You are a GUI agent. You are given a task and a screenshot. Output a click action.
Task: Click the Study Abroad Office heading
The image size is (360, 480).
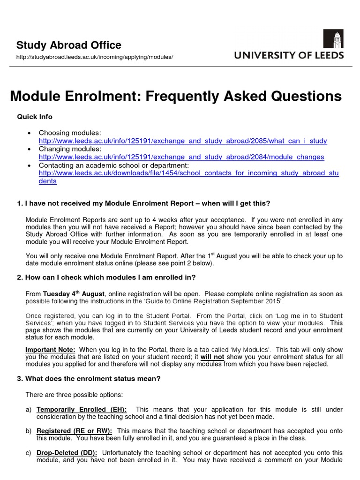[69, 45]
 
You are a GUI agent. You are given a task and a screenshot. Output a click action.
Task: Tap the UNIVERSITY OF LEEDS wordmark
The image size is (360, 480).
[289, 55]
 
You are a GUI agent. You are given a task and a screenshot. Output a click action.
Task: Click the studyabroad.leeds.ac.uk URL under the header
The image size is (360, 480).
[95, 57]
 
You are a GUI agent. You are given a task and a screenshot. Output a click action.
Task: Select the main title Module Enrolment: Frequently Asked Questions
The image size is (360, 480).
[176, 96]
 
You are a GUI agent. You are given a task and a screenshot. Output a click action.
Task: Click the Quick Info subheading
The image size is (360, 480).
[35, 117]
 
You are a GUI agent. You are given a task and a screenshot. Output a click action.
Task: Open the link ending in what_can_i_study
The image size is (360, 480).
[183, 141]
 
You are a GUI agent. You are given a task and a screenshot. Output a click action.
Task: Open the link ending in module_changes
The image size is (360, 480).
[181, 157]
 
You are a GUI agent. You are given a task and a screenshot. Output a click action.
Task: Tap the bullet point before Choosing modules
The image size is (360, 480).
[30, 133]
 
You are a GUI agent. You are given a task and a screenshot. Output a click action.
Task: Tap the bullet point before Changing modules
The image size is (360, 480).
[30, 149]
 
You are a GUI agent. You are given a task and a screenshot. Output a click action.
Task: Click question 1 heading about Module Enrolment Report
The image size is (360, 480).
[143, 203]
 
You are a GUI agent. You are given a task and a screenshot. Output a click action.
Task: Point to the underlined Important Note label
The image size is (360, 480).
[50, 350]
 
